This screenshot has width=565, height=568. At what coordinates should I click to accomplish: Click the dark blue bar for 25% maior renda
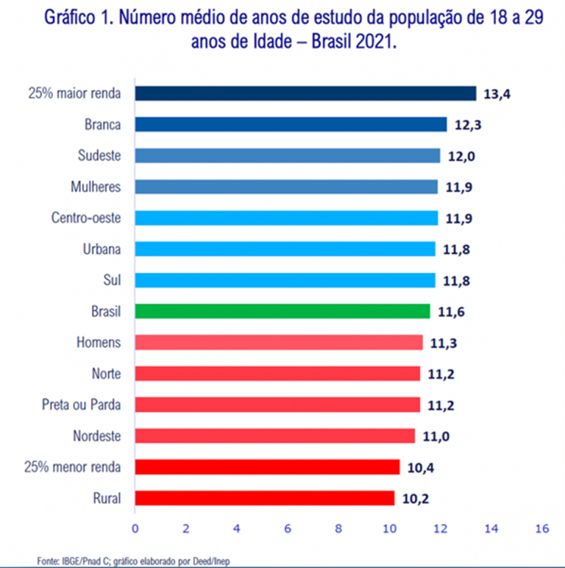305,93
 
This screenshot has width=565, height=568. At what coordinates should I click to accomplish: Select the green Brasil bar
282,311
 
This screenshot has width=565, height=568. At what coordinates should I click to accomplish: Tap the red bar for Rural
264,498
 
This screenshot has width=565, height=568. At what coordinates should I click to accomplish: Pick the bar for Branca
291,124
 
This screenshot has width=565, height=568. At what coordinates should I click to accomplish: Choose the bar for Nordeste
274,436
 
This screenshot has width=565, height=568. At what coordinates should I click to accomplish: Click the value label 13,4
497,93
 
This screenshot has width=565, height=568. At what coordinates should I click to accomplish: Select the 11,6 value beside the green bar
451,311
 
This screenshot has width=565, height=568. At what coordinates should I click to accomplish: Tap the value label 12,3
468,124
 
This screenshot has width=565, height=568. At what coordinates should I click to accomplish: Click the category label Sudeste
99,155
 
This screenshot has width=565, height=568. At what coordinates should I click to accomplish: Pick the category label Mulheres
95,187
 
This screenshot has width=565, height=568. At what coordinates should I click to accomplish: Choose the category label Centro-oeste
86,218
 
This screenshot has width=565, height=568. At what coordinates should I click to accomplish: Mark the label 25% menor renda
73,466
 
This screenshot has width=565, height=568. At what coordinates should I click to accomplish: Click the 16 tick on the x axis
543,528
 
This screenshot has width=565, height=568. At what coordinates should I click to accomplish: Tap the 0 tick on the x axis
135,528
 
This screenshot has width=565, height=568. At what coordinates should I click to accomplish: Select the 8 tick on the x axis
338,528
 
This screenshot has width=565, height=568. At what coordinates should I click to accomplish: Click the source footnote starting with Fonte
136,561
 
